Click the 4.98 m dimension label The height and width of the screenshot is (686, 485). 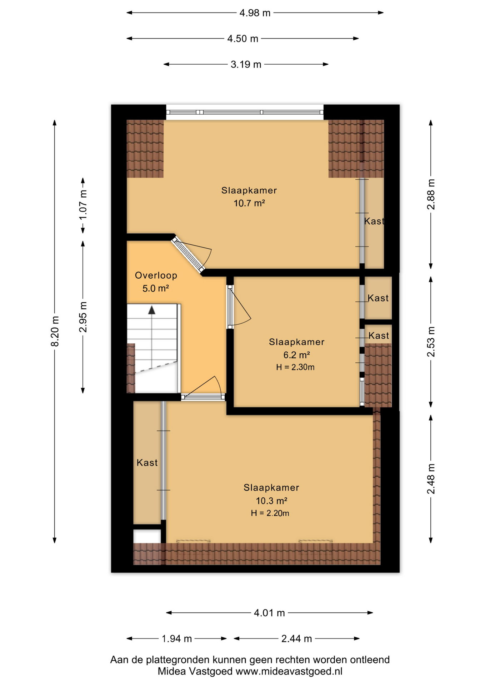coord(255,13)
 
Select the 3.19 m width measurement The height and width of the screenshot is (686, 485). coord(246,64)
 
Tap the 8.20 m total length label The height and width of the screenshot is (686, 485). coord(55,331)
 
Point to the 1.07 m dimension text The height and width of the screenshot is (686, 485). coord(83,205)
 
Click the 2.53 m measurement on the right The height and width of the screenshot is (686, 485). coord(431,342)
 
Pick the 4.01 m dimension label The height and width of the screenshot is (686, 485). coord(269,613)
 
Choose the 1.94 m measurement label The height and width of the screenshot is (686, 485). coord(177,638)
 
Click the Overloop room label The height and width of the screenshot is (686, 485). coord(156,275)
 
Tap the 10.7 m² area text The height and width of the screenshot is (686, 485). coord(249,203)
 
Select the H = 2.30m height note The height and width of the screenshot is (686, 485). coord(295,367)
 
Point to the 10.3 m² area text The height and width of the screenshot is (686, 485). coord(271,501)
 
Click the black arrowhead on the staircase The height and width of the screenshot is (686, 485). coord(152,310)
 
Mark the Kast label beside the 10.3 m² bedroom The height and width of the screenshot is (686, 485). coord(147,463)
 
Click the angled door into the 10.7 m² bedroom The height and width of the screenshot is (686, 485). coord(188,254)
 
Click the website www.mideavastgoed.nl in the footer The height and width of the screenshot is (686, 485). coord(289,671)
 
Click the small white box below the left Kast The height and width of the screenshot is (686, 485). coord(147,536)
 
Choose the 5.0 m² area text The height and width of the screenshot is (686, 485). coord(156,288)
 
